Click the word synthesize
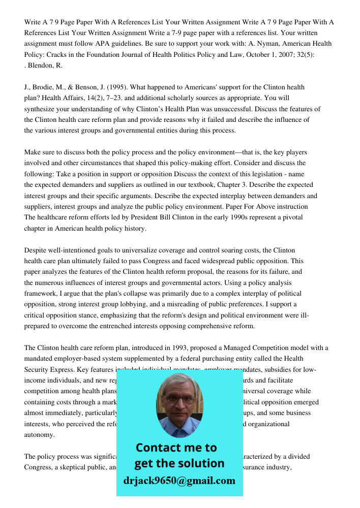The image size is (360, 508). click(x=41, y=109)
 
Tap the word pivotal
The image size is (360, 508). click(x=291, y=217)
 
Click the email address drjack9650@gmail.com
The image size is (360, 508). click(x=179, y=481)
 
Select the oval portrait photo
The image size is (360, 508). click(x=179, y=405)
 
